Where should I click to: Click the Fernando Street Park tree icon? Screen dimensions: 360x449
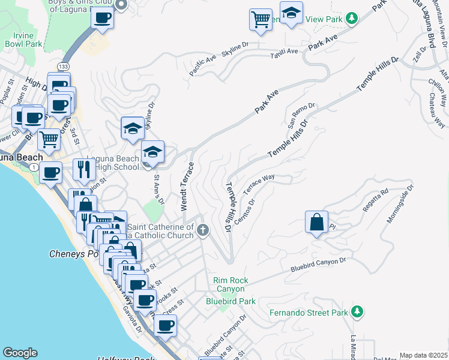(x=357, y=311)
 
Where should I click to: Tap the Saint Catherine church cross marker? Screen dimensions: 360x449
(x=203, y=230)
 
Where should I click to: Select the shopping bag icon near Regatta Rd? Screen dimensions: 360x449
(x=316, y=223)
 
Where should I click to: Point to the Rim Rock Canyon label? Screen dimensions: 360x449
(x=231, y=284)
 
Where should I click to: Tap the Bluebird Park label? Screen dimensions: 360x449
(x=231, y=301)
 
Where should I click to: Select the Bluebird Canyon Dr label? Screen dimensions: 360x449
(x=319, y=265)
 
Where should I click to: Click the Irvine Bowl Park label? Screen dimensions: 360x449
(x=23, y=40)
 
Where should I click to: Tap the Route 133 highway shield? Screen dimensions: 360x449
(x=62, y=65)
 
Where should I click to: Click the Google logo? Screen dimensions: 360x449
(x=20, y=353)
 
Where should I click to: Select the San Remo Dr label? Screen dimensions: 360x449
(x=301, y=116)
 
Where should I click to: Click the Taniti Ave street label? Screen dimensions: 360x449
(x=284, y=52)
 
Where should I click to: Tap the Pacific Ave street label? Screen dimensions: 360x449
(x=202, y=65)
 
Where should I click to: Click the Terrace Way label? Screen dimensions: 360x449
(x=258, y=185)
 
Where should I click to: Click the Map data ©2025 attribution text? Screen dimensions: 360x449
(x=423, y=355)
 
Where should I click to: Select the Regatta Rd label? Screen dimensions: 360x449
(x=376, y=200)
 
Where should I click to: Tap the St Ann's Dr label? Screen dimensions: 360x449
(x=158, y=188)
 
